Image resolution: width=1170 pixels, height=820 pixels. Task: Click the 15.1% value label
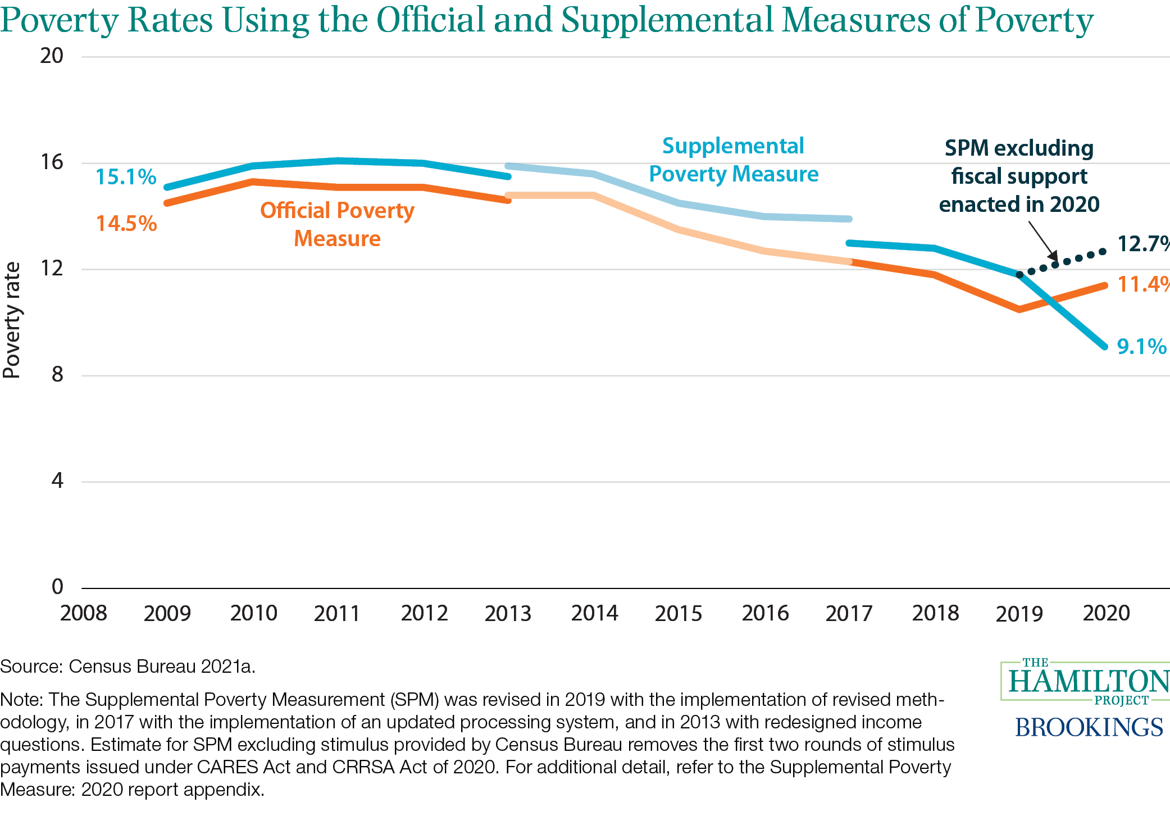click(x=126, y=177)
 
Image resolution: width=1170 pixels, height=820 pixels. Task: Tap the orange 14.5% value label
click(x=126, y=224)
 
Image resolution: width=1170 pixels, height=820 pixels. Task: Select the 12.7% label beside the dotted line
click(x=1142, y=244)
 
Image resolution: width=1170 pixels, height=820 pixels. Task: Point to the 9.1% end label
click(x=1141, y=347)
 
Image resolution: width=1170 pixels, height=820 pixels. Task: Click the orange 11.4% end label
click(x=1142, y=284)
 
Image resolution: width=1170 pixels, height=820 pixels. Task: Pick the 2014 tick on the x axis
click(x=594, y=613)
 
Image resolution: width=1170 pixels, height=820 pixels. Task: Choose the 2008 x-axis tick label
click(x=84, y=613)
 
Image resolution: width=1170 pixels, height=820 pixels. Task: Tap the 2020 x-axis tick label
click(x=1106, y=613)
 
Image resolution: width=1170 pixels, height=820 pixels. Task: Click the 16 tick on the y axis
click(x=52, y=162)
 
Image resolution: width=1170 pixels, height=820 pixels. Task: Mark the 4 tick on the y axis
click(x=57, y=481)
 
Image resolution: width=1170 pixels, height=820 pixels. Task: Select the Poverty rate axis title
click(x=12, y=320)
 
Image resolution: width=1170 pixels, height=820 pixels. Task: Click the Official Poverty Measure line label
click(x=337, y=224)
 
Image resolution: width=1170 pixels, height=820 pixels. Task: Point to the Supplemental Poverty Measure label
click(x=734, y=160)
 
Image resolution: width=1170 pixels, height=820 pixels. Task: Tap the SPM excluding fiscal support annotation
click(x=1019, y=176)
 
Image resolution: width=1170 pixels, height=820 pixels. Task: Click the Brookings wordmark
click(x=1089, y=728)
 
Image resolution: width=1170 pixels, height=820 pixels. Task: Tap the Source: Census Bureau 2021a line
click(x=128, y=667)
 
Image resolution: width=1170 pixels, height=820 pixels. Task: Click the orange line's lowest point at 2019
click(x=1019, y=309)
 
